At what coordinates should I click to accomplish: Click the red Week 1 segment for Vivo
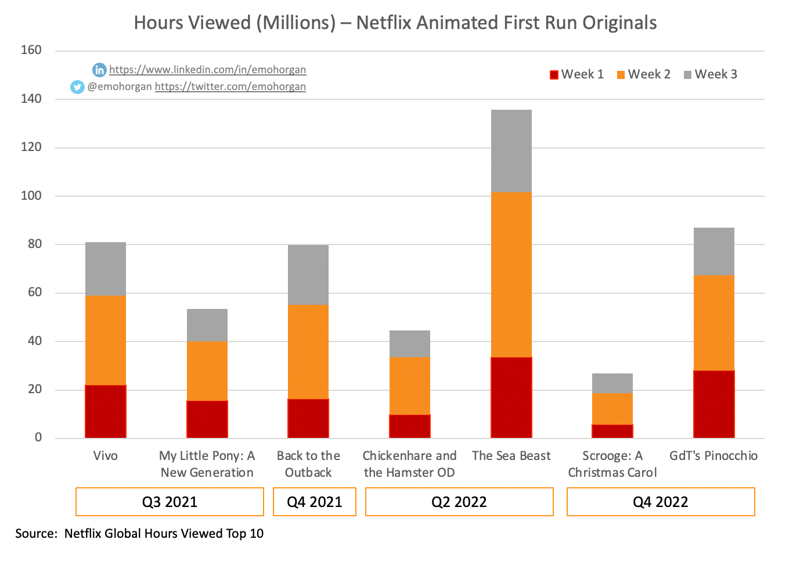click(106, 411)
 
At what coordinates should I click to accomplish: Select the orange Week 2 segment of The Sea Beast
click(511, 275)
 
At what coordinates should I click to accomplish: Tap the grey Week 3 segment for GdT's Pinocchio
click(713, 251)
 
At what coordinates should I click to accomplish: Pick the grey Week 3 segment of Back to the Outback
click(308, 275)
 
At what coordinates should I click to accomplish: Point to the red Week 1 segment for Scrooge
click(612, 431)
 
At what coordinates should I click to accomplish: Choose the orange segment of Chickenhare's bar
click(410, 386)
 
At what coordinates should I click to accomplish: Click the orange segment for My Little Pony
click(207, 371)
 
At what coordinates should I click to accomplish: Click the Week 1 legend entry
click(577, 74)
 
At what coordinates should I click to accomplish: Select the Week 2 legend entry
click(644, 74)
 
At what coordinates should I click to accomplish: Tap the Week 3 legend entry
click(711, 74)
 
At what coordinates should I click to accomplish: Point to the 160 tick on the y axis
click(31, 51)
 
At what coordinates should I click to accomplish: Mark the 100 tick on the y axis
click(31, 196)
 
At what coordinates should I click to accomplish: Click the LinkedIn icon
click(99, 70)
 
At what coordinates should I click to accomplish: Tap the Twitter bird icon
click(77, 87)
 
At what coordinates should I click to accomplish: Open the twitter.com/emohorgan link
click(230, 87)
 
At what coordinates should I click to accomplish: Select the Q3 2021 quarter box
click(170, 502)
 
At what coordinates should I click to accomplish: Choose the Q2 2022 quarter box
click(459, 502)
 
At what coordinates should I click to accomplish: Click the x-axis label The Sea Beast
click(511, 456)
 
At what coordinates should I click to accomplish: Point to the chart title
click(395, 23)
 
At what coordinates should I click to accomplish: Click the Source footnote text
click(139, 533)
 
